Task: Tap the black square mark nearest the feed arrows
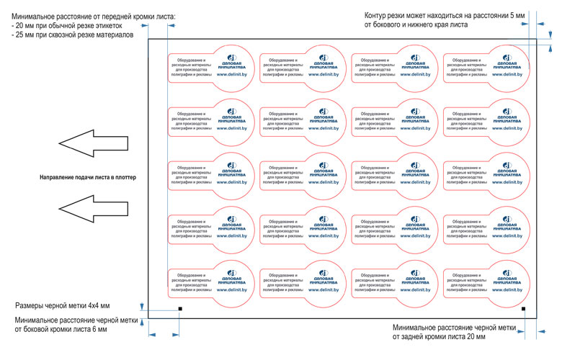(x=179, y=310)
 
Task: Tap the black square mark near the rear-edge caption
(x=523, y=310)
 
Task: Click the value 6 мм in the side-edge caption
(x=99, y=329)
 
